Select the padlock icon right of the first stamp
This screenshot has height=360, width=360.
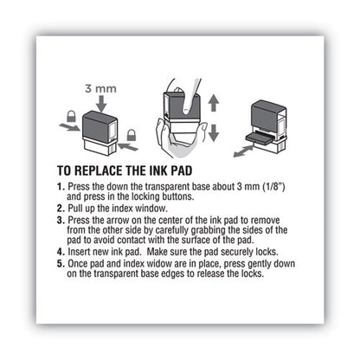133,134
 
